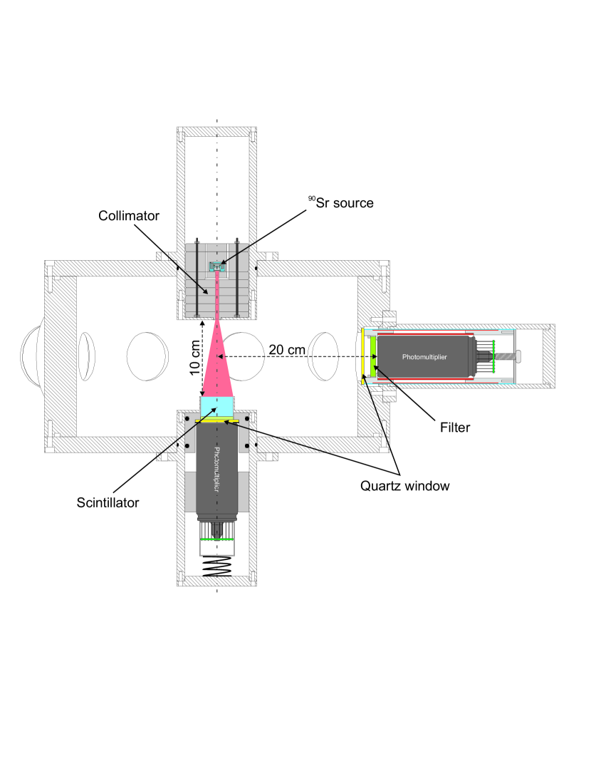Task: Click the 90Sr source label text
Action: pyautogui.click(x=340, y=202)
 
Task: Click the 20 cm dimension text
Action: pyautogui.click(x=287, y=348)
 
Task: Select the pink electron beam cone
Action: pyautogui.click(x=217, y=363)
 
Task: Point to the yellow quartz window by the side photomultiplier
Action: pyautogui.click(x=363, y=355)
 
